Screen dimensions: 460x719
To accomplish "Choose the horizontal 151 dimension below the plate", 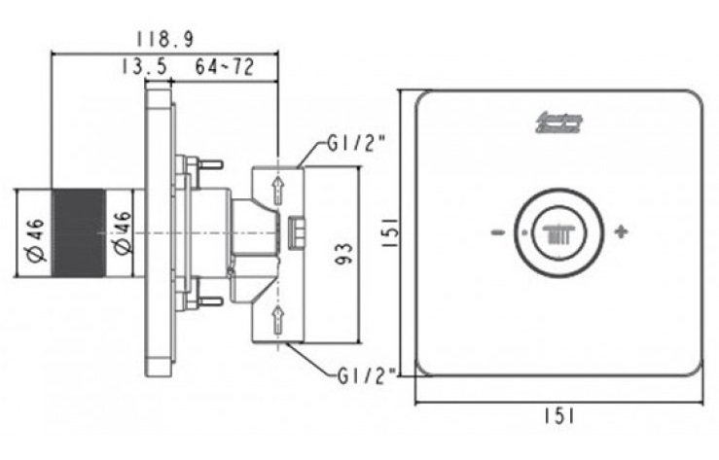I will click(559, 416).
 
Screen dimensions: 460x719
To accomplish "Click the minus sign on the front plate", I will click(497, 233).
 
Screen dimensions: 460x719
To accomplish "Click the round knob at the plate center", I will click(558, 233).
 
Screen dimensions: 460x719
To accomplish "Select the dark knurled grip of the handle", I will click(77, 233).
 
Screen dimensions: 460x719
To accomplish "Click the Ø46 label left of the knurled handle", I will click(33, 238).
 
